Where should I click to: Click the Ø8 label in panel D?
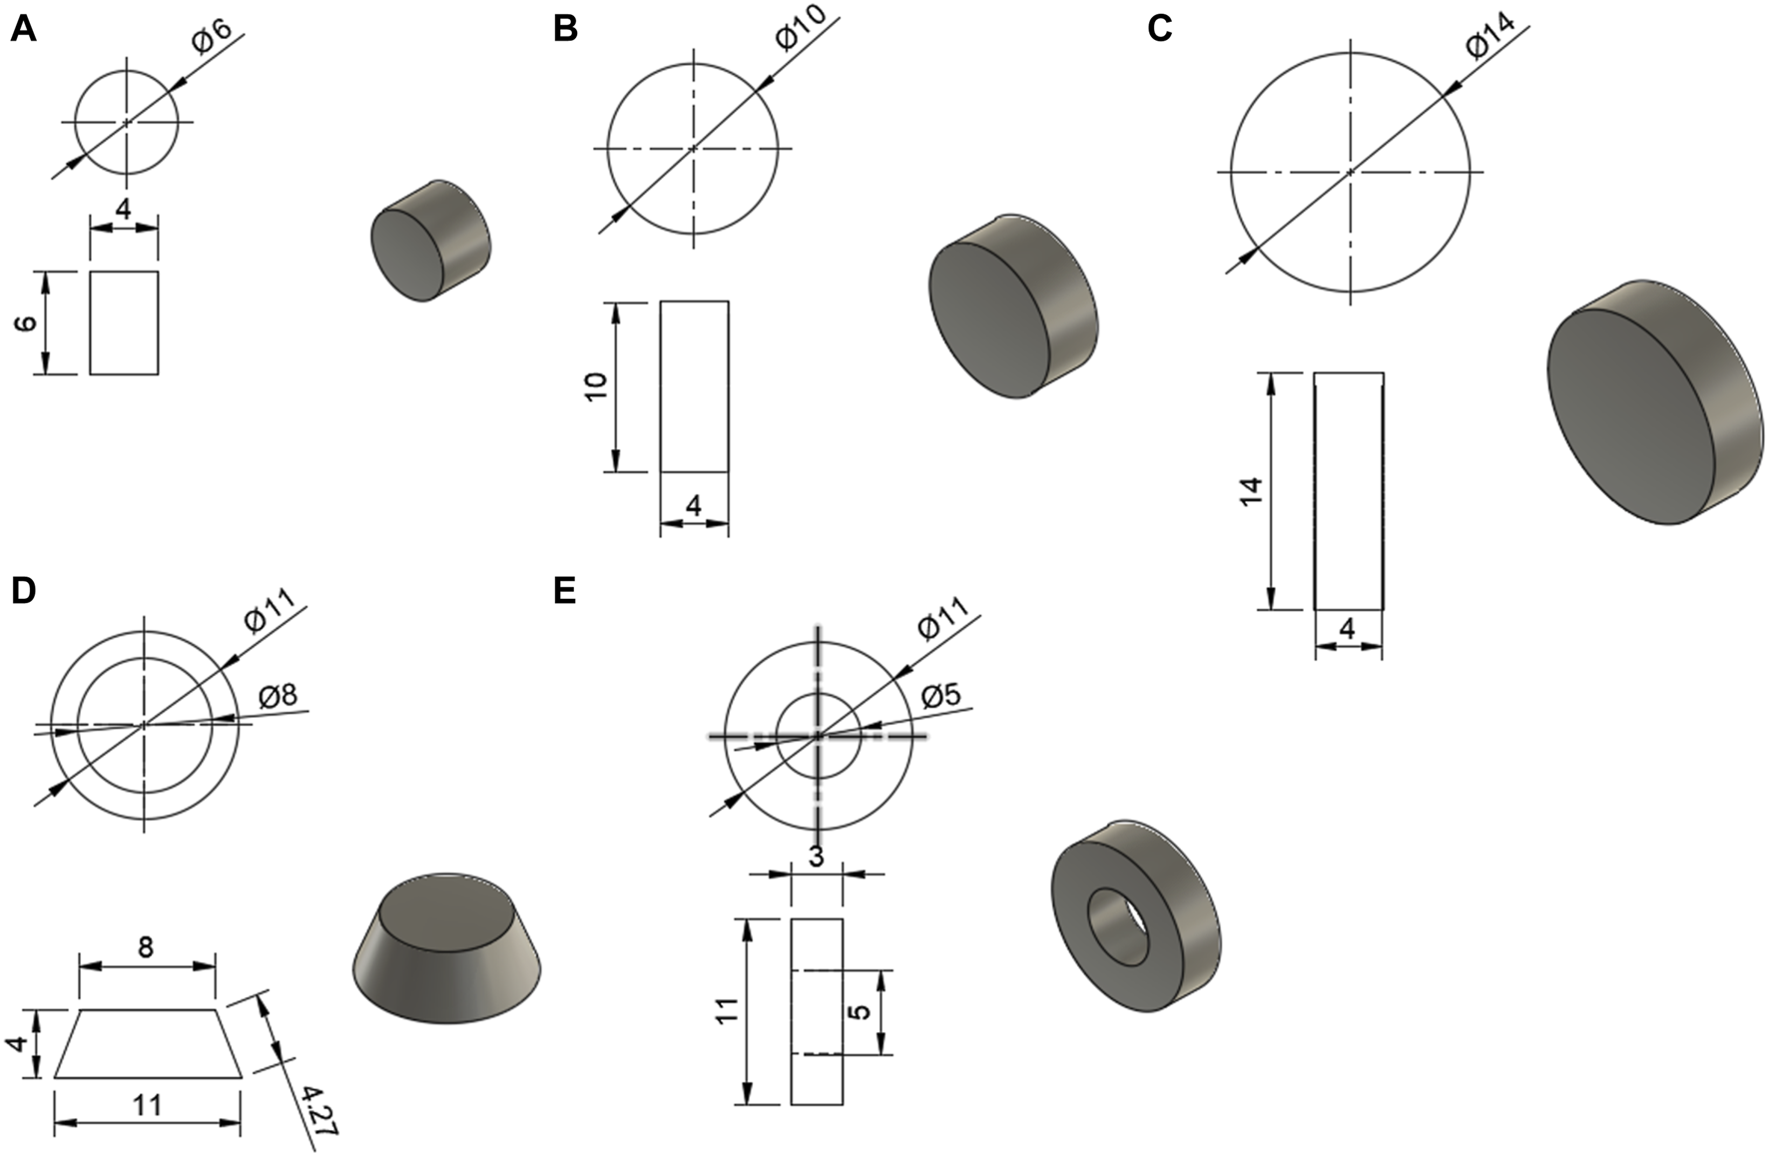[x=278, y=696]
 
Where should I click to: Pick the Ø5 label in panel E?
[x=939, y=695]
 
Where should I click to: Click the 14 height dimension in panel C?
[x=1251, y=490]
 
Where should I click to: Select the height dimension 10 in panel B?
[x=596, y=385]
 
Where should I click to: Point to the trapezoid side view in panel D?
[x=147, y=1044]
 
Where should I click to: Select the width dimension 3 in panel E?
[x=817, y=857]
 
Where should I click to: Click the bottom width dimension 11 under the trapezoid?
[x=147, y=1105]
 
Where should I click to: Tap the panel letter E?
[x=564, y=591]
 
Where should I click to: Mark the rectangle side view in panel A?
[x=124, y=322]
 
